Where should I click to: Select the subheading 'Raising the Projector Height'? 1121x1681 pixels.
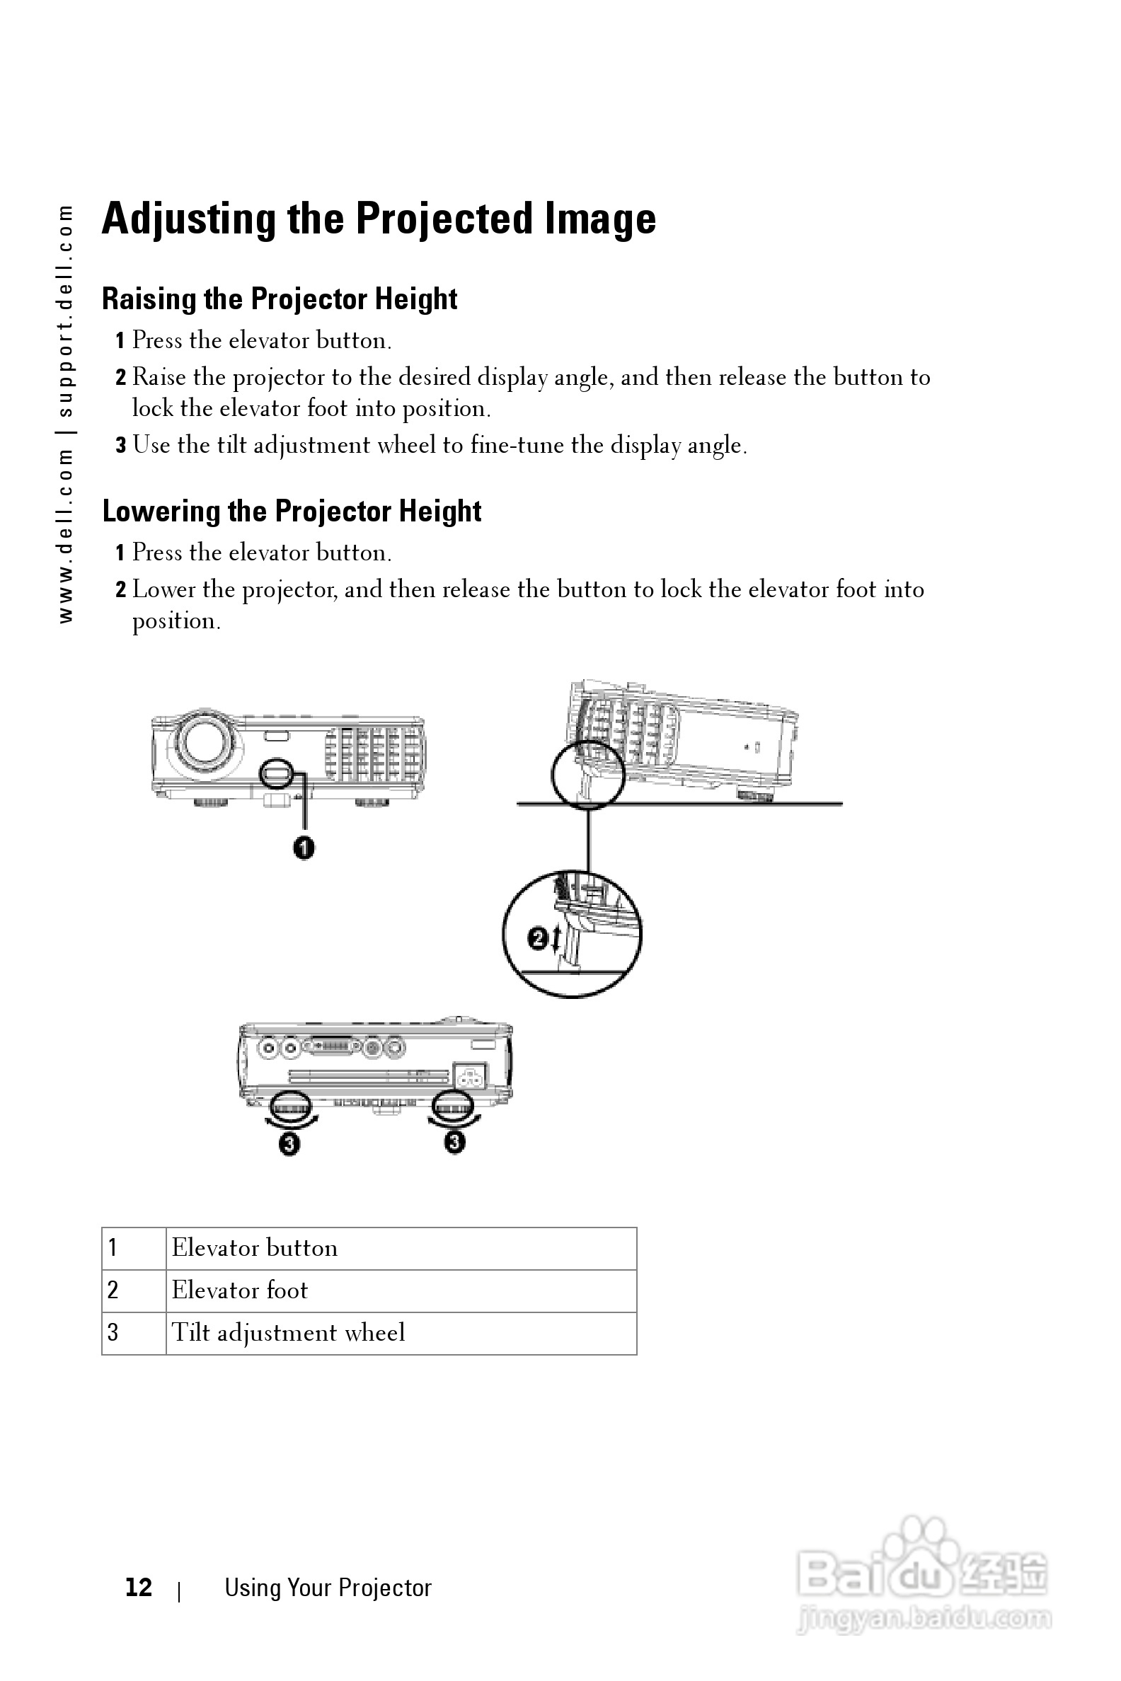280,299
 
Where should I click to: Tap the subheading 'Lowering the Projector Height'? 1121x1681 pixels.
292,511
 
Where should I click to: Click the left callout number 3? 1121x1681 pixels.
289,1144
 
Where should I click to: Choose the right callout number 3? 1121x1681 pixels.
454,1142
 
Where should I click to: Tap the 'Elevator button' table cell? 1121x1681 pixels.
401,1248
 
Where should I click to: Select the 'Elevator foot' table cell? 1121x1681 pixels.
401,1290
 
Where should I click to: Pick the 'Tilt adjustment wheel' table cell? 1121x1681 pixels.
401,1332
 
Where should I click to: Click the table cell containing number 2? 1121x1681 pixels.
134,1290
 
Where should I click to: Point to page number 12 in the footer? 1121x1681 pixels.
139,1587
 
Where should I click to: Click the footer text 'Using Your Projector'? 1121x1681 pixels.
328,1588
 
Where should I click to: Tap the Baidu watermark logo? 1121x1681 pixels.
922,1572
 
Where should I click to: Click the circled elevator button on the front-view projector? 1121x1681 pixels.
276,772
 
